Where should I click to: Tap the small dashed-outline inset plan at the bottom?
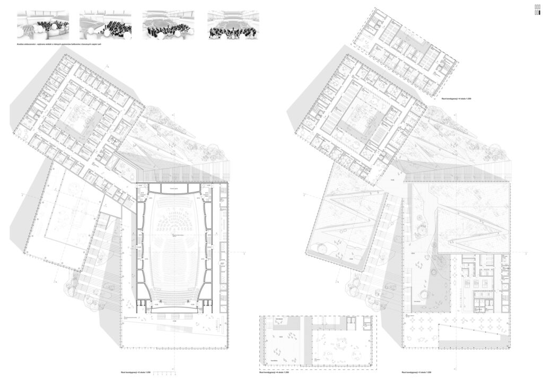tap(316, 342)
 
